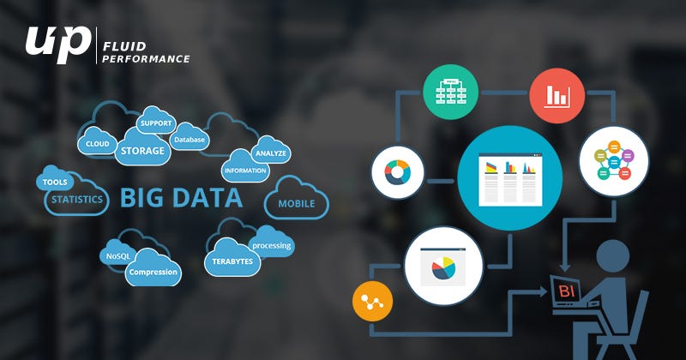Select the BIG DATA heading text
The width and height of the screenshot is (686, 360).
point(181,199)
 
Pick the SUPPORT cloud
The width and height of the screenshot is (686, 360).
point(156,123)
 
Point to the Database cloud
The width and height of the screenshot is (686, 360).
point(189,139)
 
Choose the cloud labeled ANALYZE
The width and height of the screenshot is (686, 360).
point(270,153)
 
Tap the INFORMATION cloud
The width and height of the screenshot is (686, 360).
point(245,171)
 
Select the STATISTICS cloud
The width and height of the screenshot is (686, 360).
point(76,200)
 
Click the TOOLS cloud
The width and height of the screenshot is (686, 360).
point(56,182)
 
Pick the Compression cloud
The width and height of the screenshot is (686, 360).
point(153,273)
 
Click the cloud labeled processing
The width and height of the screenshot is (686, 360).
point(272,246)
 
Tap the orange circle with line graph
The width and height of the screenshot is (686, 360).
point(373,301)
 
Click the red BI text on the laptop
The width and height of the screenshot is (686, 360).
point(566,292)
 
